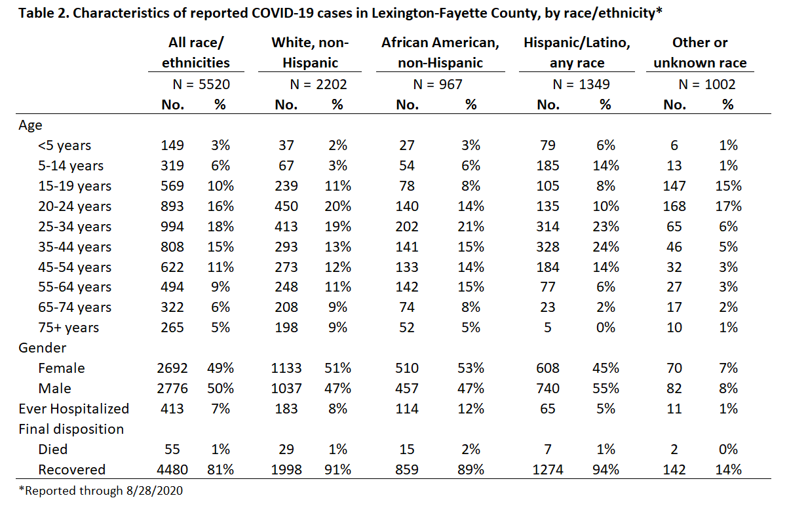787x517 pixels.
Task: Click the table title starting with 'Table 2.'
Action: [x=340, y=13]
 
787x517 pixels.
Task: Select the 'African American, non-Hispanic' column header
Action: [x=440, y=52]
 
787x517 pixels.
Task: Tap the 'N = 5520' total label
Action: [x=201, y=85]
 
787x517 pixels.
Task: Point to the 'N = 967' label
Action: [x=438, y=85]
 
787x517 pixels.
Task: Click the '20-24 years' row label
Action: [x=75, y=206]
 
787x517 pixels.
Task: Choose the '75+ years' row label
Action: [x=69, y=328]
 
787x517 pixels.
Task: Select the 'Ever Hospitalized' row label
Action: [x=74, y=409]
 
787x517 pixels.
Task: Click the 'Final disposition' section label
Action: [x=71, y=429]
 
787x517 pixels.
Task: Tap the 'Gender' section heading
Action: [x=42, y=348]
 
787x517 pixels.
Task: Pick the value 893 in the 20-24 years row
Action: [x=172, y=206]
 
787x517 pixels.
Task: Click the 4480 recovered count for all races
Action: [x=172, y=470]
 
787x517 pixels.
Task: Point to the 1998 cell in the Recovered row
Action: [x=286, y=470]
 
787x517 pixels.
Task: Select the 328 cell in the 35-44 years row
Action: [x=548, y=247]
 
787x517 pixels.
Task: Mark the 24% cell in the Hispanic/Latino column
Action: [x=605, y=247]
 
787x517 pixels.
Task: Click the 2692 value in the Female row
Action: [x=172, y=368]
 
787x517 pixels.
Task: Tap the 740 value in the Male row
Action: [x=548, y=389]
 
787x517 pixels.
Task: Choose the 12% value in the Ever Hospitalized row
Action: [x=470, y=409]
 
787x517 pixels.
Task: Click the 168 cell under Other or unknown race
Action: [x=674, y=206]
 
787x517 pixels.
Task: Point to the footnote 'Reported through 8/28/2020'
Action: [x=101, y=491]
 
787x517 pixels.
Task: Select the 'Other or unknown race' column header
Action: [x=700, y=52]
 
